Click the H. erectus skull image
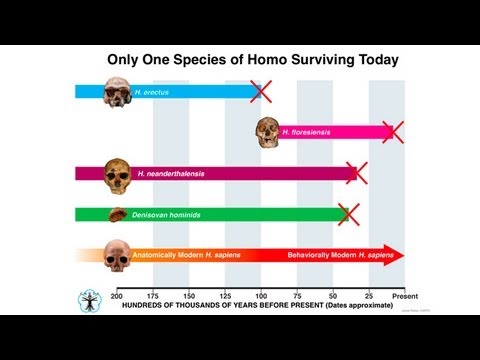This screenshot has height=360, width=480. [x=123, y=89]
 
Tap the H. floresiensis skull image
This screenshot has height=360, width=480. [x=268, y=130]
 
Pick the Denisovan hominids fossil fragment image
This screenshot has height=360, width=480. [x=118, y=214]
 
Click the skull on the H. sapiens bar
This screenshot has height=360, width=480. [x=118, y=256]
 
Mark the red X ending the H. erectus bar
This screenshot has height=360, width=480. [x=261, y=91]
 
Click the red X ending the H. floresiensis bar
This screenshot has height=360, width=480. [x=392, y=131]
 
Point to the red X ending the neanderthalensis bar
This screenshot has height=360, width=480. [x=356, y=173]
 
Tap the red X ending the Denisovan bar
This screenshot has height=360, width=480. [x=348, y=214]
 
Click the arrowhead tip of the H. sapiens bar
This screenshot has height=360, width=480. [x=404, y=255]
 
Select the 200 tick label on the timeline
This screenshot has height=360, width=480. [x=117, y=296]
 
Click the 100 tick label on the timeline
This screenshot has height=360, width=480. [x=261, y=296]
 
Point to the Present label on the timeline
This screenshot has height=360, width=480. [x=404, y=296]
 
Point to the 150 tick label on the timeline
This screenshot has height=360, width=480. [x=189, y=296]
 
